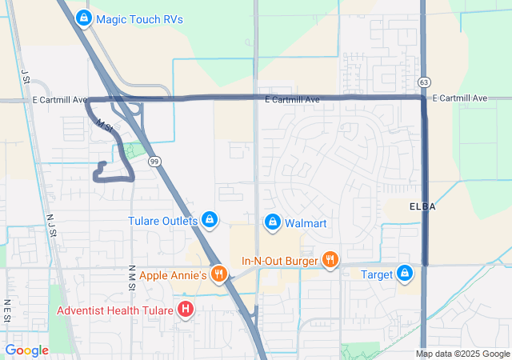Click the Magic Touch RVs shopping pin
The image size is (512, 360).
tap(83, 17)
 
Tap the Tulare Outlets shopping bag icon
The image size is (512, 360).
tap(210, 218)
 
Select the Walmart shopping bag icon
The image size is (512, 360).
tap(273, 221)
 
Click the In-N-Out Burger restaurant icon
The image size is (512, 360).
tap(330, 259)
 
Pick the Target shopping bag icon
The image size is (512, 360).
tap(406, 274)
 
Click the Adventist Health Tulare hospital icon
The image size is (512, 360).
tap(186, 309)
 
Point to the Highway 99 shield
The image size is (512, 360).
tap(154, 161)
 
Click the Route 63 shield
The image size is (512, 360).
tap(424, 82)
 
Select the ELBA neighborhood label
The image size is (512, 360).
tap(422, 206)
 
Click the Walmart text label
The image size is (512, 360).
tap(306, 222)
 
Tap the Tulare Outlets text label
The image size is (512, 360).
tap(162, 221)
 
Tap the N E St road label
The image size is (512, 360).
tap(6, 310)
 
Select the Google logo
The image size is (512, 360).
tap(26, 350)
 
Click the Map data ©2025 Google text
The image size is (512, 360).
tap(462, 354)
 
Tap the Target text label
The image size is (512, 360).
tap(375, 274)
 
